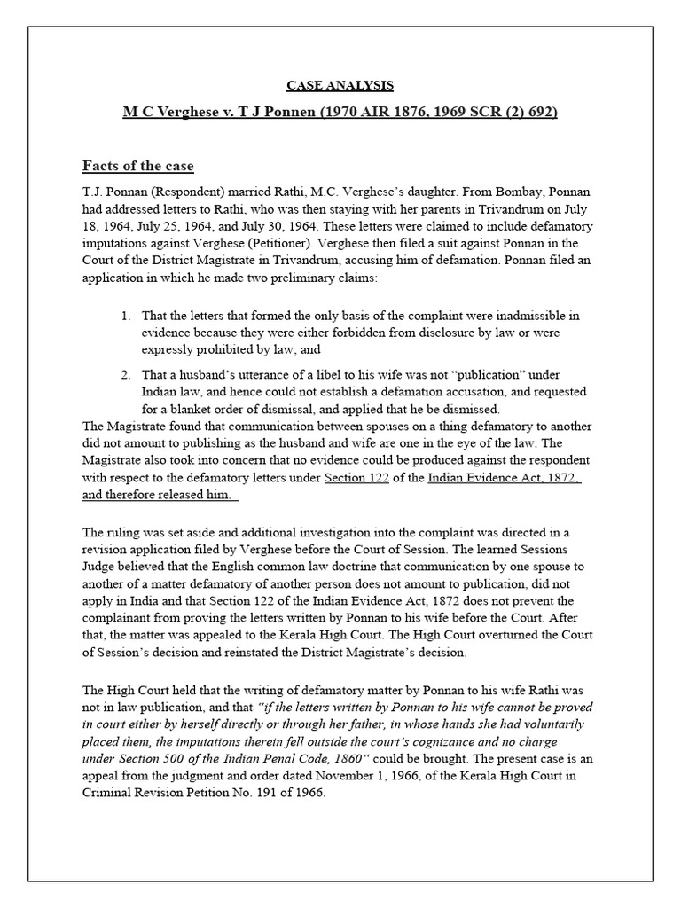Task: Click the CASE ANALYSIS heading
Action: pos(340,85)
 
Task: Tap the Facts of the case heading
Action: pos(137,166)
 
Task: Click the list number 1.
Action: pos(126,316)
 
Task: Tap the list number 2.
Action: pos(126,373)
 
